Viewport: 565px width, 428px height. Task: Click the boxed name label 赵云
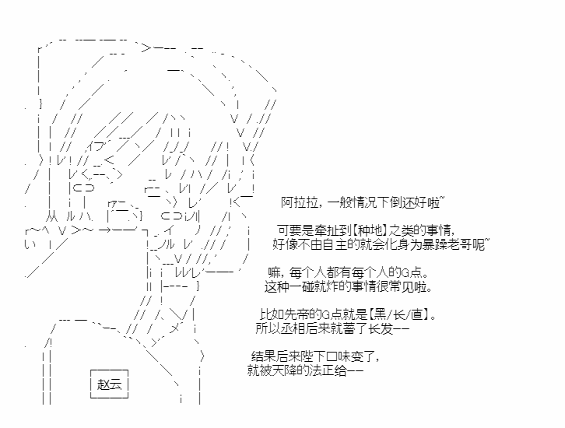pyautogui.click(x=109, y=384)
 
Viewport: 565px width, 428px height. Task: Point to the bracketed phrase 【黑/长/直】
pyautogui.click(x=399, y=314)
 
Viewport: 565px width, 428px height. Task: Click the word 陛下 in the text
pyautogui.click(x=313, y=356)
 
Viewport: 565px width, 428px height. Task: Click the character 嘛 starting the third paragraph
pyautogui.click(x=274, y=272)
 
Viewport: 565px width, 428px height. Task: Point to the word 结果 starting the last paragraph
pyautogui.click(x=263, y=356)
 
